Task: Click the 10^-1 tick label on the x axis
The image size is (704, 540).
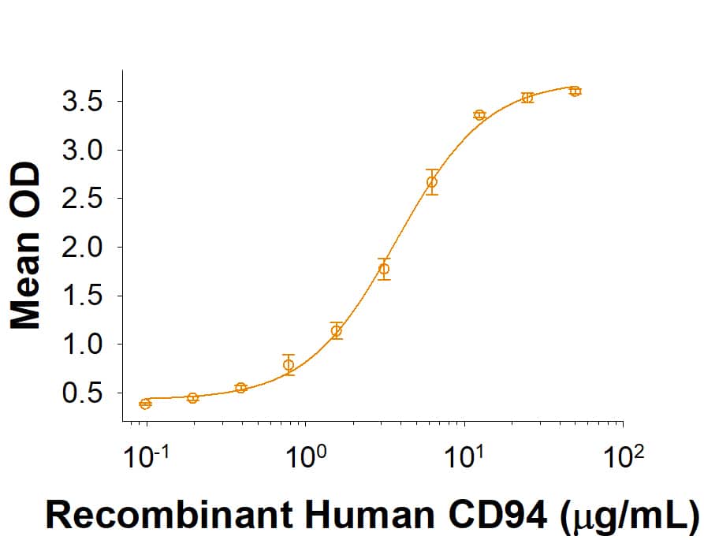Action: (x=146, y=456)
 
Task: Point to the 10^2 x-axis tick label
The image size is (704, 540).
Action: (x=624, y=456)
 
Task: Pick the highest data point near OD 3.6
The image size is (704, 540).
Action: (x=575, y=91)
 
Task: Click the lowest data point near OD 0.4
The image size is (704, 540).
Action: (x=145, y=404)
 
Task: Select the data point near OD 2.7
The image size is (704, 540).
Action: (x=431, y=182)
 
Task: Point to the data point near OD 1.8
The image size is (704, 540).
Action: (x=384, y=269)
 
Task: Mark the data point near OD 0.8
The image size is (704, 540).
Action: (x=289, y=364)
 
